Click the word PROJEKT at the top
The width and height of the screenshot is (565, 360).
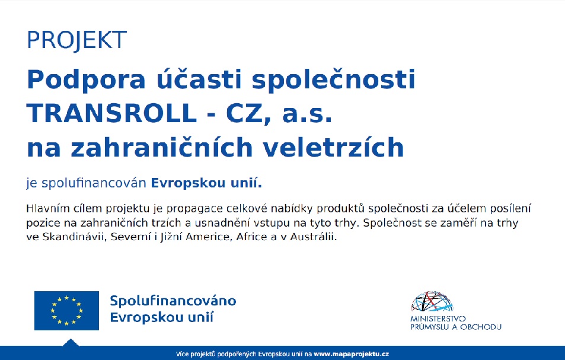click(76, 40)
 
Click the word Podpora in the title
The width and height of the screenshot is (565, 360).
click(86, 81)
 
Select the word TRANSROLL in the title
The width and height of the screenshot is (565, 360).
click(111, 113)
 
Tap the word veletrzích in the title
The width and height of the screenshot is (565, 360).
click(333, 147)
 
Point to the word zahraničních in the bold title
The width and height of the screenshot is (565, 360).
click(161, 147)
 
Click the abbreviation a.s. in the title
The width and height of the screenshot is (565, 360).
click(307, 114)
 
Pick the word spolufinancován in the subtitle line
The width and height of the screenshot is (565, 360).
click(94, 183)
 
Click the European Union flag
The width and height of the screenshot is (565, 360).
click(66, 311)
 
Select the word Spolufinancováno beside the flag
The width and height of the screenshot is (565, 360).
click(173, 301)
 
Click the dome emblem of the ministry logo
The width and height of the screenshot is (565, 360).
click(432, 301)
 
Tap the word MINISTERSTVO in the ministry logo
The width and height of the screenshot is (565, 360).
click(438, 319)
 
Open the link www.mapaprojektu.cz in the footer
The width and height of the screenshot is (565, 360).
click(352, 354)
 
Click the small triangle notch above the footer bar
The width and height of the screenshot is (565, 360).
click(71, 343)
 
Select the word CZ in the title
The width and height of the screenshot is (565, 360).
click(243, 113)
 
